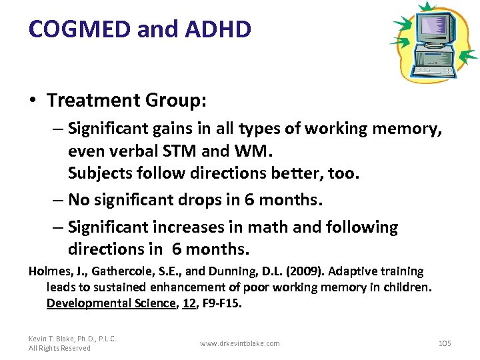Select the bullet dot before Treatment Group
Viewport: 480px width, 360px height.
(x=33, y=101)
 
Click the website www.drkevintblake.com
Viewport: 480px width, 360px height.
(x=239, y=343)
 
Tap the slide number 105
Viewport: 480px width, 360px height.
(x=445, y=343)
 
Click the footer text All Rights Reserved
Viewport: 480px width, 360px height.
(x=59, y=348)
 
